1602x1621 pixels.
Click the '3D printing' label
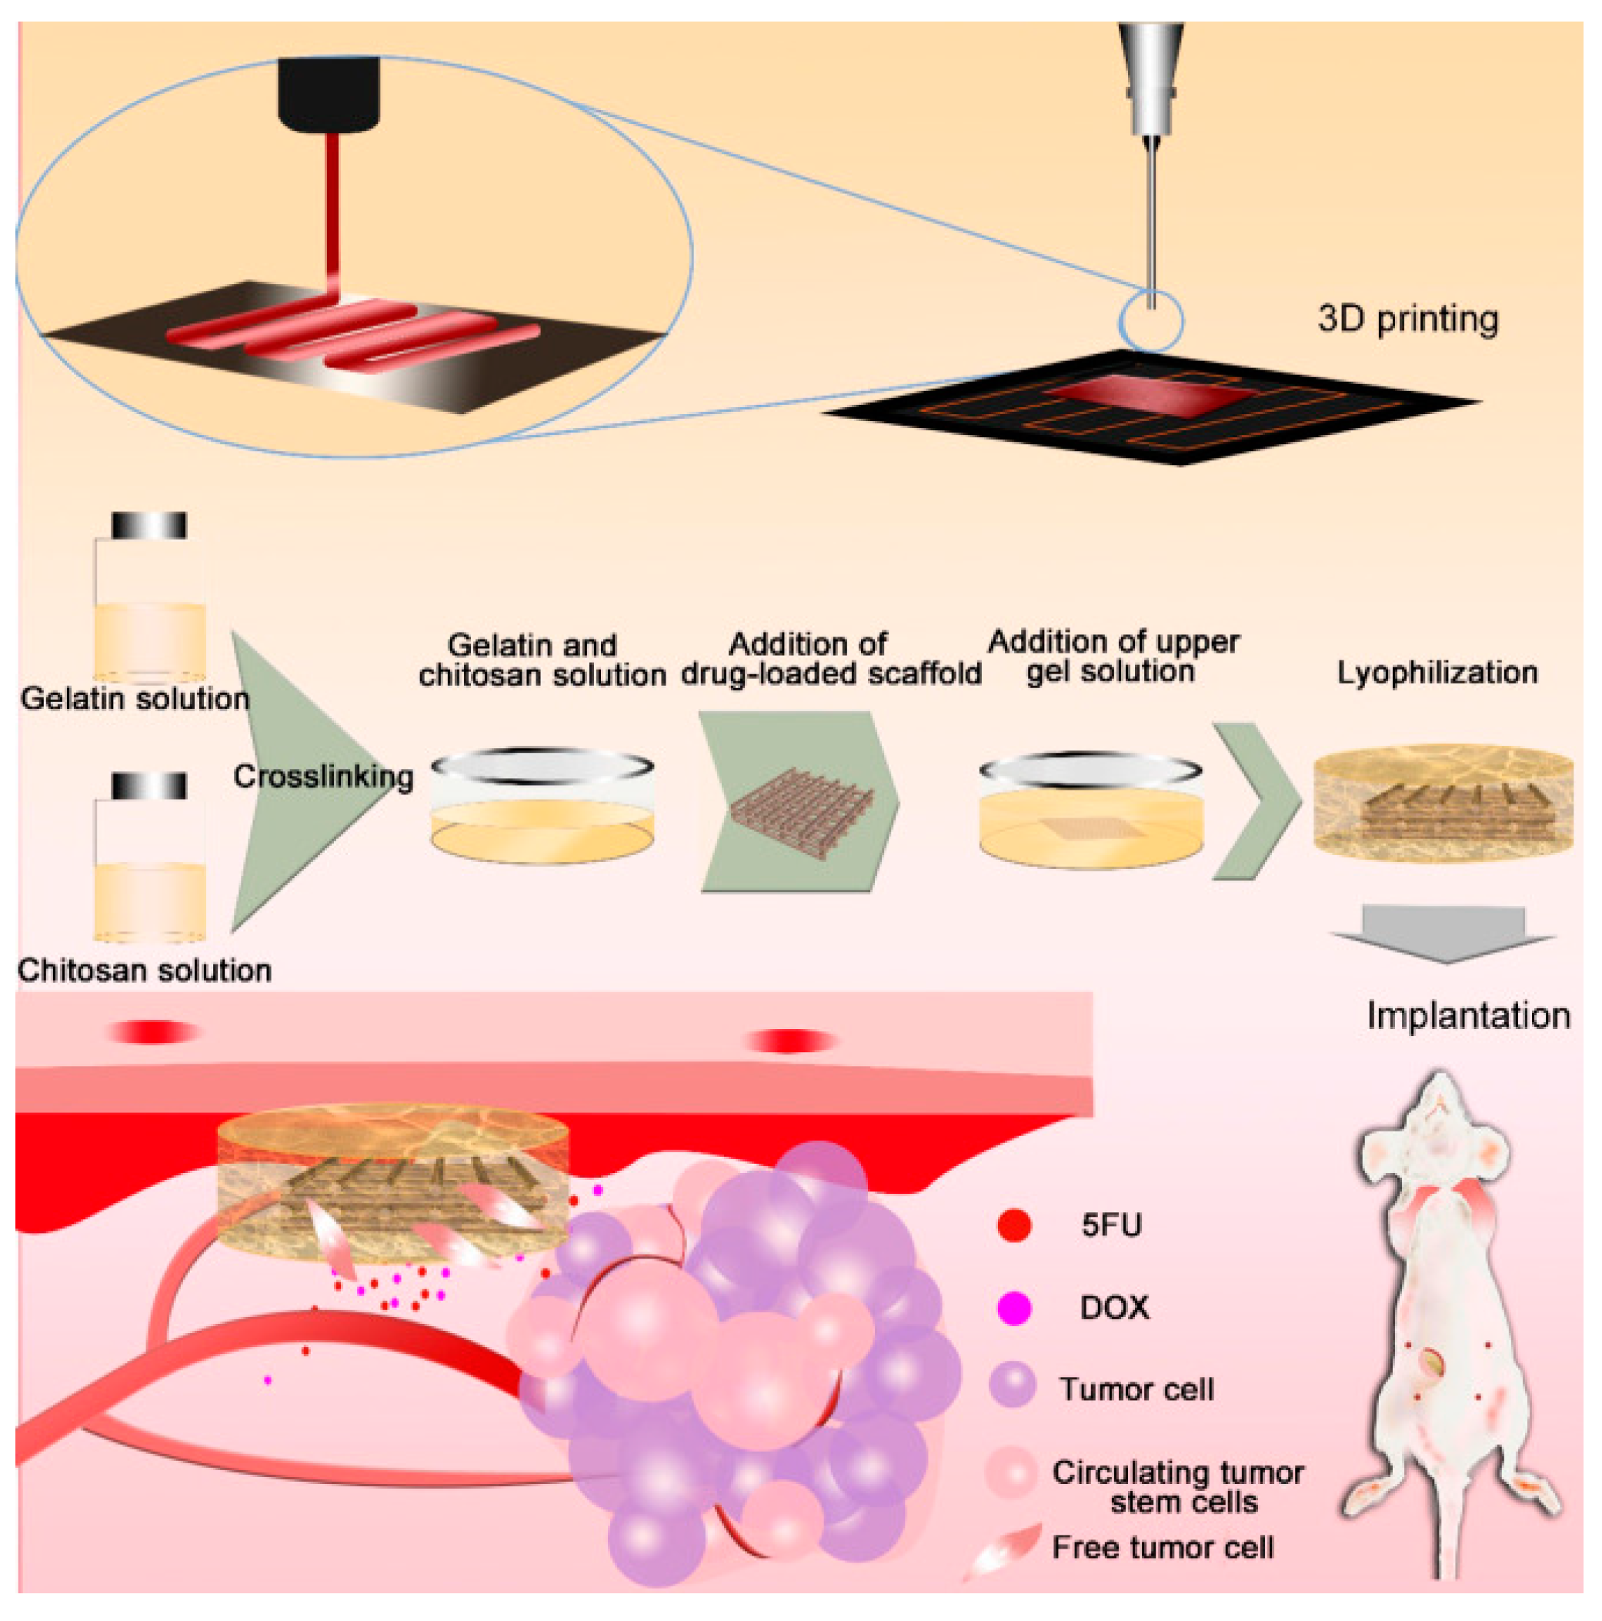(1407, 319)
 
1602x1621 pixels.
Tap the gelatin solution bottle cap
(149, 525)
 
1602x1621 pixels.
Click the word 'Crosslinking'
(323, 777)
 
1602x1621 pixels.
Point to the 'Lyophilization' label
(1437, 673)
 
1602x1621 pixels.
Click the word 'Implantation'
(1468, 1016)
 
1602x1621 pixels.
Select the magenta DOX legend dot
(1014, 1307)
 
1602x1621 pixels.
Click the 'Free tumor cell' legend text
(1163, 1547)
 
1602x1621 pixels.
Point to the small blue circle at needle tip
(1151, 321)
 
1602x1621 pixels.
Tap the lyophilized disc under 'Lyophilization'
(1443, 802)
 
